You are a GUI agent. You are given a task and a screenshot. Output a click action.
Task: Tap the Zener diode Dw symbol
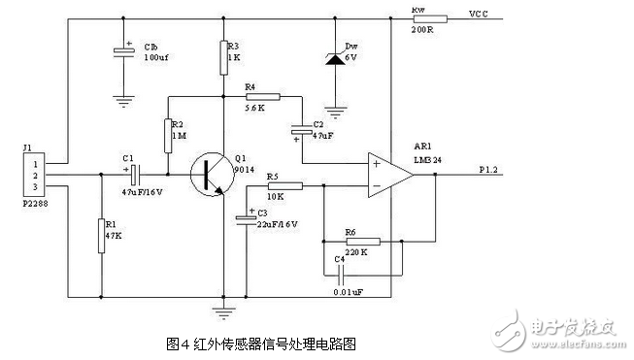335,59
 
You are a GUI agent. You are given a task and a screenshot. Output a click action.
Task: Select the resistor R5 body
284,186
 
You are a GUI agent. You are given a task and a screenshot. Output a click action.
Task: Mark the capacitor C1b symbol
123,51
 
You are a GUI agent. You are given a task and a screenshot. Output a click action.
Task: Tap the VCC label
479,15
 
